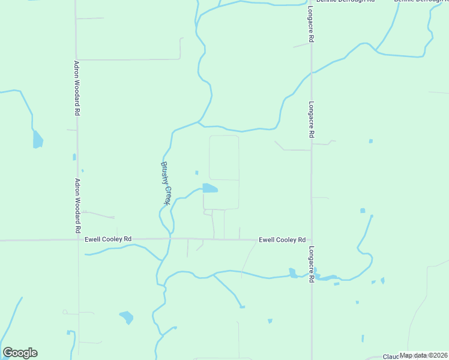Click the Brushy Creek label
[x=166, y=183]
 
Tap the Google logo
[x=20, y=353]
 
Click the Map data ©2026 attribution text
[x=424, y=355]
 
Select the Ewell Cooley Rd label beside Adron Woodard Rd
[x=109, y=239]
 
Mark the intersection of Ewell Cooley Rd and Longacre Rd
[x=311, y=240]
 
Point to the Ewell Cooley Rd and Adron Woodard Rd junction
[x=77, y=239]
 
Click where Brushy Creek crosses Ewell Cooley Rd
[x=172, y=239]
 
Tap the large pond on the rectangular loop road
[x=209, y=188]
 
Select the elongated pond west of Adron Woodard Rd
[x=37, y=139]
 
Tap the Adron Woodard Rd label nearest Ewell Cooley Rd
[x=77, y=205]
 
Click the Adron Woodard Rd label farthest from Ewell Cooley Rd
[x=77, y=88]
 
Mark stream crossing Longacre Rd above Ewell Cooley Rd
[x=311, y=73]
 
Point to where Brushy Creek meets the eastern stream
[x=199, y=124]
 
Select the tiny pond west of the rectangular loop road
[x=196, y=173]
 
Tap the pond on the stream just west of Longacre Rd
[x=292, y=274]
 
